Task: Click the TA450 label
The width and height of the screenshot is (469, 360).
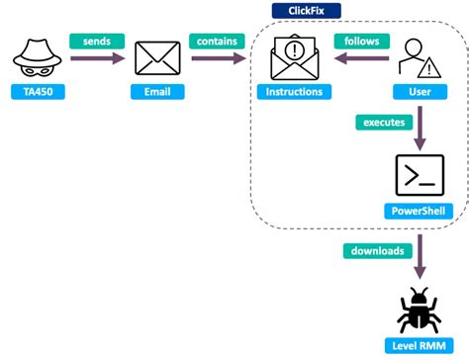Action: click(35, 92)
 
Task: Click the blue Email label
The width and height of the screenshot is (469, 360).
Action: click(157, 92)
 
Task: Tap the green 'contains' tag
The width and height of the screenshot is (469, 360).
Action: click(217, 42)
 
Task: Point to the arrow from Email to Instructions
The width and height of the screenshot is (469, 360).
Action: click(219, 58)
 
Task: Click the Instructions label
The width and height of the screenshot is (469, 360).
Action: click(295, 92)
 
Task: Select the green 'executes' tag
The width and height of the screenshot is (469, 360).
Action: click(383, 123)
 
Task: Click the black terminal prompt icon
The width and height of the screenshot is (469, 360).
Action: click(420, 176)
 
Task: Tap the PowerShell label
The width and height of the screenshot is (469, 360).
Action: click(420, 211)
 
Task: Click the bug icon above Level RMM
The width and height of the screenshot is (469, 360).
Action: click(420, 309)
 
